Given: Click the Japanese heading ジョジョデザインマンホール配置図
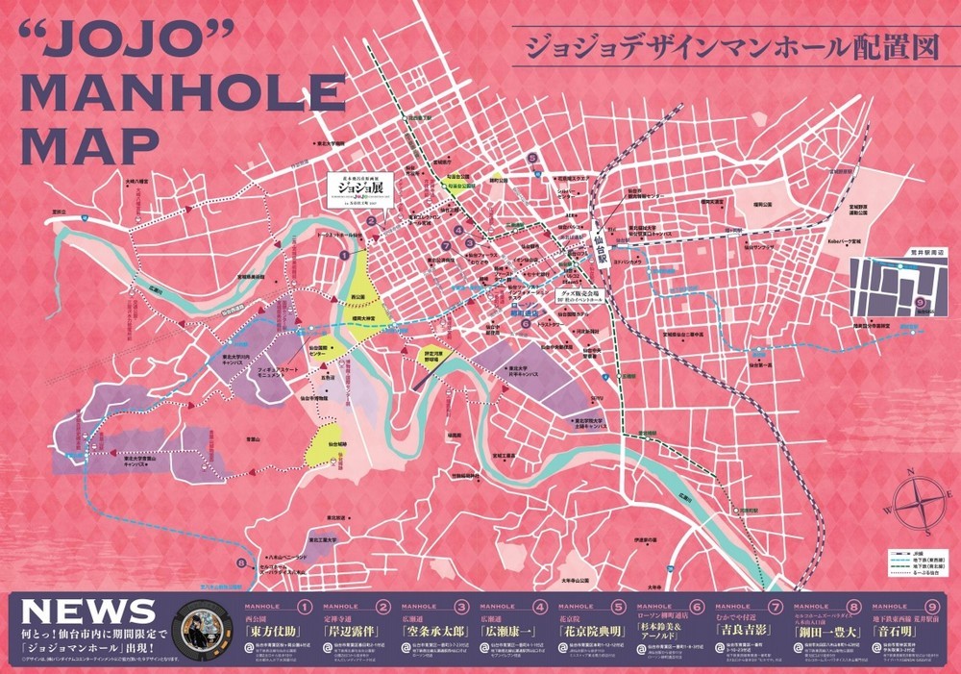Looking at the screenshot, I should coord(726,48).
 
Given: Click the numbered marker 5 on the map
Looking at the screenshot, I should coord(532,158).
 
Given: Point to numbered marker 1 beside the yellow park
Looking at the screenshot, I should coord(344,255).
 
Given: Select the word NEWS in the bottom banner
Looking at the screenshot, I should coord(88,612).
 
